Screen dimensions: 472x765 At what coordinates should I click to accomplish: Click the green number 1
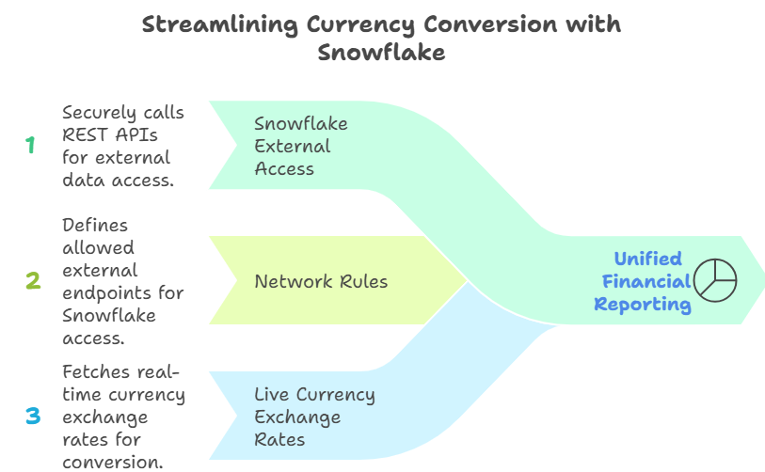[x=31, y=145]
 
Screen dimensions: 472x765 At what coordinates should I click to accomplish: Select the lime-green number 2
[x=33, y=280]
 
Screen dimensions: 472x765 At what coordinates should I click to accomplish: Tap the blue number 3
[x=33, y=416]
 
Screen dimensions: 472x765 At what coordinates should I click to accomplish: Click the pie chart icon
[x=715, y=280]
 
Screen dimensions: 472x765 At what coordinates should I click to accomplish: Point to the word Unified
[x=648, y=259]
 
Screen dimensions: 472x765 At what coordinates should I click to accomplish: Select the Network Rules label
[x=321, y=281]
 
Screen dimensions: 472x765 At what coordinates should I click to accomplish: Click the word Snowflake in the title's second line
[x=381, y=52]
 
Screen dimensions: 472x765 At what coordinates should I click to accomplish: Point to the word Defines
[x=95, y=225]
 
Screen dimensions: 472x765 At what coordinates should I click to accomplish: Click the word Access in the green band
[x=284, y=169]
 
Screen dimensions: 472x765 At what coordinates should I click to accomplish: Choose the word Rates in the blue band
[x=279, y=439]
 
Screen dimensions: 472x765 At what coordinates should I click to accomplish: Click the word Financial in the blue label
[x=646, y=281]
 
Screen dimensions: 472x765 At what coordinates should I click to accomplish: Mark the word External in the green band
[x=293, y=146]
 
